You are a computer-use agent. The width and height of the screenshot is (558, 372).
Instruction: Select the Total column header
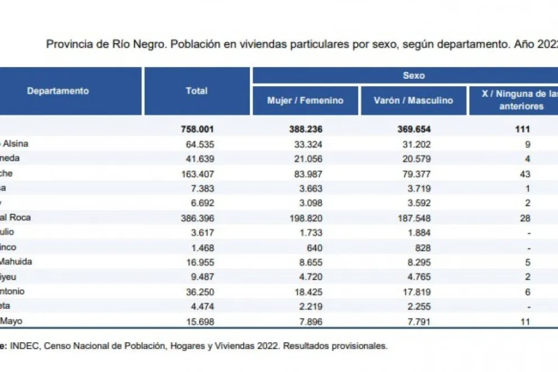click(x=197, y=91)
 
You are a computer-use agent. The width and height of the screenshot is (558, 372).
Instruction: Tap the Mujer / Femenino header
click(x=305, y=101)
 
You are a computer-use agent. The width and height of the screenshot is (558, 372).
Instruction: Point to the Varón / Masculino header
click(x=413, y=101)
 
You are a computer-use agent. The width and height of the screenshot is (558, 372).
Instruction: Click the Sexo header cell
click(x=413, y=75)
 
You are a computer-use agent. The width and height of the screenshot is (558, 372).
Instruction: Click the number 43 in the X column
click(x=526, y=173)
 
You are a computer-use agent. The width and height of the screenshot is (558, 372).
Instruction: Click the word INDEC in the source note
click(x=23, y=346)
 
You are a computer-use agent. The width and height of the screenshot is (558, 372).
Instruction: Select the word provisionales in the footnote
click(x=360, y=346)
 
